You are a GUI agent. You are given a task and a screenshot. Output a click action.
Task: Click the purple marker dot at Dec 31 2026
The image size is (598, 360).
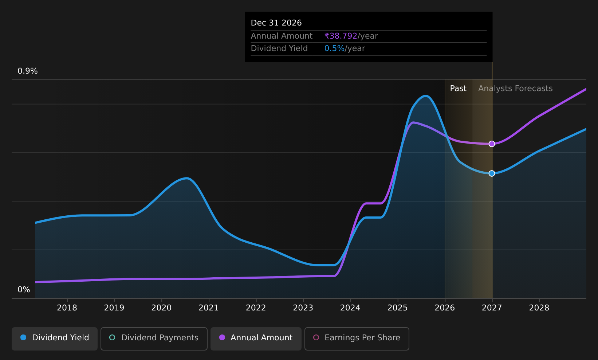pyautogui.click(x=492, y=144)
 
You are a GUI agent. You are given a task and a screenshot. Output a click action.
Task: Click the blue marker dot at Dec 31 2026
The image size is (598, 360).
pyautogui.click(x=492, y=173)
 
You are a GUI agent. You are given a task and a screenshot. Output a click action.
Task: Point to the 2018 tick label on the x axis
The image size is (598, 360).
pyautogui.click(x=67, y=308)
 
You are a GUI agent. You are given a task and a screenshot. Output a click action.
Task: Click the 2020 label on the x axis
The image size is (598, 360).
pyautogui.click(x=161, y=308)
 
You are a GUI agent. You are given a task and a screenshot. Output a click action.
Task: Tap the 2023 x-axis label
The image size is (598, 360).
pyautogui.click(x=303, y=308)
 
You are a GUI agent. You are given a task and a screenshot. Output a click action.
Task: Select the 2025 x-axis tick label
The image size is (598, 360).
pyautogui.click(x=397, y=308)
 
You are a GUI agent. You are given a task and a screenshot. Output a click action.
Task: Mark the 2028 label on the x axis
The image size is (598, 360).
pyautogui.click(x=539, y=308)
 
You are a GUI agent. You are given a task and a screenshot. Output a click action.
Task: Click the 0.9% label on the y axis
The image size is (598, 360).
pyautogui.click(x=28, y=71)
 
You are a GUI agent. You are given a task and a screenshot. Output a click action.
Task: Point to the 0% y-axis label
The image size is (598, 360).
pyautogui.click(x=24, y=290)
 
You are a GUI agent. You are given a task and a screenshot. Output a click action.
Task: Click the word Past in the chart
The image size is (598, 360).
pyautogui.click(x=458, y=89)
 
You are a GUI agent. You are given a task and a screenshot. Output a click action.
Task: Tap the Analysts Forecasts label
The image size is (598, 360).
pyautogui.click(x=515, y=89)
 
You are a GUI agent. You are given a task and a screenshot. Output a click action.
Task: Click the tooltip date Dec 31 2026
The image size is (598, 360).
pyautogui.click(x=276, y=23)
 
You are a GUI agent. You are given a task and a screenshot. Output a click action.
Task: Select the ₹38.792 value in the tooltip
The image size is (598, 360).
pyautogui.click(x=341, y=36)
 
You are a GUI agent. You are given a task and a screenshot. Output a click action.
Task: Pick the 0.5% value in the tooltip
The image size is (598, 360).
pyautogui.click(x=334, y=48)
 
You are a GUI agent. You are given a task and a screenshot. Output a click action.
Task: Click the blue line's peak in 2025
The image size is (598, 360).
pyautogui.click(x=425, y=96)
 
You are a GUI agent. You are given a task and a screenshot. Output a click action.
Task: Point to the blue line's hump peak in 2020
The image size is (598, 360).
pyautogui.click(x=187, y=179)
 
